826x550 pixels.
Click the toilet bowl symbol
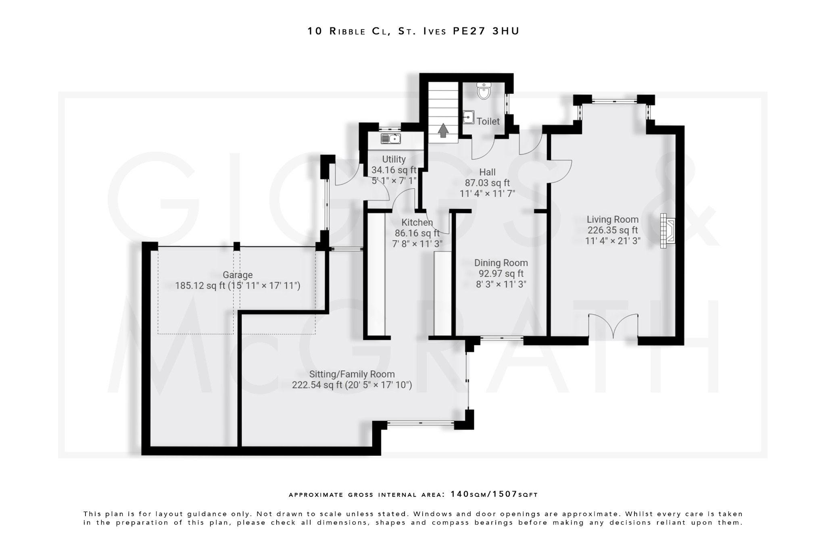(x=483, y=91)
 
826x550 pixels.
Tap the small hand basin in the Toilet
(x=468, y=117)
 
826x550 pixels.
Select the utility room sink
(x=391, y=139)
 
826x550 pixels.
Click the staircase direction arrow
(x=443, y=130)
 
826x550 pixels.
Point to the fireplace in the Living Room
(x=667, y=231)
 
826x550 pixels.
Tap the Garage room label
(x=238, y=275)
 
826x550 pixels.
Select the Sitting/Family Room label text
(x=352, y=374)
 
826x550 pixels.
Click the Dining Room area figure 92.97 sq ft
(x=501, y=274)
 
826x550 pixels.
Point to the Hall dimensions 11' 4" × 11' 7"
(x=487, y=194)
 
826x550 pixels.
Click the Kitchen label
(x=417, y=222)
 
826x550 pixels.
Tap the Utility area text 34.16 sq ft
(x=394, y=170)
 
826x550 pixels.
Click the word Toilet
(x=488, y=121)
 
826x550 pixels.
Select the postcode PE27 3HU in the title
(x=486, y=31)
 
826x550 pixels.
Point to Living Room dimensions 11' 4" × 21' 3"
(x=613, y=241)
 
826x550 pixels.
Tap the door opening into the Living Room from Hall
(x=560, y=171)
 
